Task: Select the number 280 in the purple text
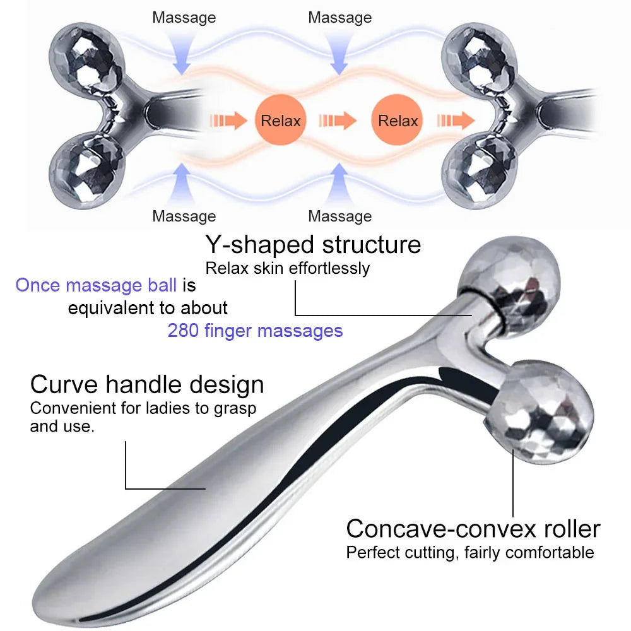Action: [x=183, y=330]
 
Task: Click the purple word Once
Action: [x=38, y=285]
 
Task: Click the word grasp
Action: [x=236, y=409]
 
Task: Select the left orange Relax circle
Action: [x=281, y=120]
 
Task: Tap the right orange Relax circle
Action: [x=398, y=120]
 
